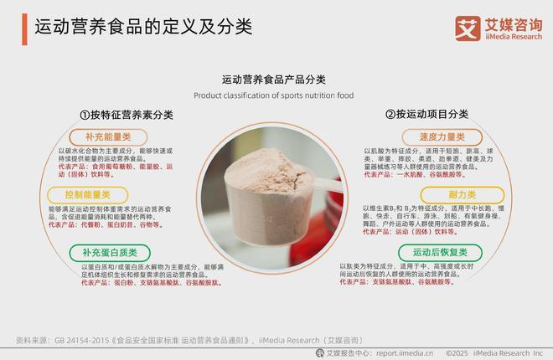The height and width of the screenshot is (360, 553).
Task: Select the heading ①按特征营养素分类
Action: (127, 115)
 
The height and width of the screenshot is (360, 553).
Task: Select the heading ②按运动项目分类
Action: (426, 115)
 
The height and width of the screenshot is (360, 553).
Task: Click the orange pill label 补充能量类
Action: (108, 137)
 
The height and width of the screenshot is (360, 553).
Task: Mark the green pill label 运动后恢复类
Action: (440, 252)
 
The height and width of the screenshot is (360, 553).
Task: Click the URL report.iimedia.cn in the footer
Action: (405, 352)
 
